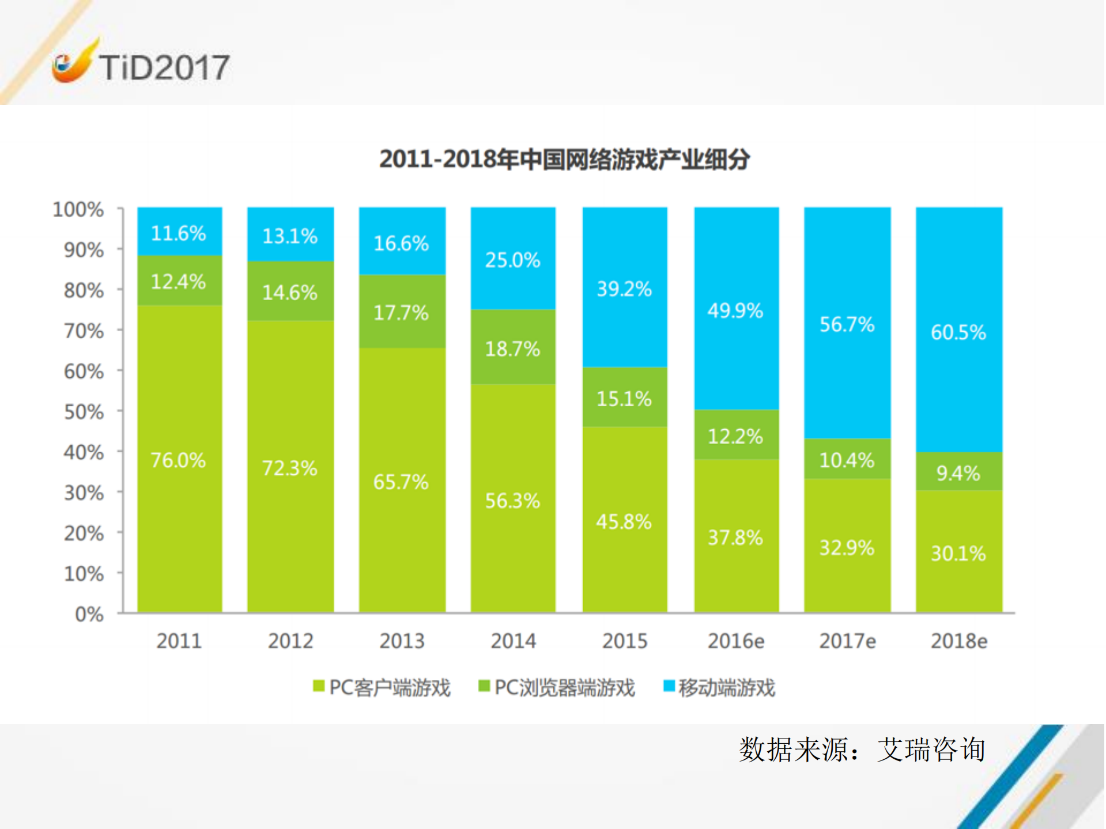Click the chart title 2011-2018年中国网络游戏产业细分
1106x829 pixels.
pyautogui.click(x=564, y=159)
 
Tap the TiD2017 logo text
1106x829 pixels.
pyautogui.click(x=164, y=67)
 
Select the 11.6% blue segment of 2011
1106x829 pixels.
pyautogui.click(x=179, y=233)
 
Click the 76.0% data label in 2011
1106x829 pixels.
pyautogui.click(x=178, y=460)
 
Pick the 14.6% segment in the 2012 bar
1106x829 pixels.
pyautogui.click(x=290, y=292)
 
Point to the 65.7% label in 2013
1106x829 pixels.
pyautogui.click(x=401, y=482)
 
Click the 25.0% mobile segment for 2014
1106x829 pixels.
pyautogui.click(x=512, y=260)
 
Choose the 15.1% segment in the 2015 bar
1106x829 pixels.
pyautogui.click(x=624, y=398)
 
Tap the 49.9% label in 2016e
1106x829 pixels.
pyautogui.click(x=735, y=311)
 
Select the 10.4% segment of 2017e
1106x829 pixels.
pyautogui.click(x=847, y=460)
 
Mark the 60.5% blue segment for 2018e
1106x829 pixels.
pyautogui.click(x=958, y=332)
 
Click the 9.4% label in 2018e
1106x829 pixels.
pyautogui.click(x=958, y=473)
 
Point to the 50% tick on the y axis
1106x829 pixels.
pyautogui.click(x=84, y=412)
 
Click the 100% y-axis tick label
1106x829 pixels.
pyautogui.click(x=78, y=209)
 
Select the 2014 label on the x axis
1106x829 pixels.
pyautogui.click(x=513, y=641)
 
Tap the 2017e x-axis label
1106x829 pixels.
pyautogui.click(x=847, y=641)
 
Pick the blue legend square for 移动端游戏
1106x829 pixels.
pyautogui.click(x=669, y=686)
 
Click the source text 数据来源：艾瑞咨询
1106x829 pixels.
pyautogui.click(x=862, y=749)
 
